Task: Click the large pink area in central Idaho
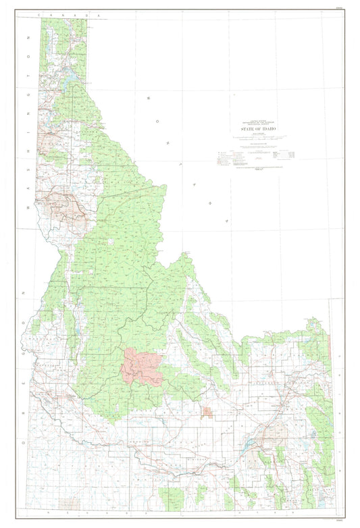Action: tap(140, 367)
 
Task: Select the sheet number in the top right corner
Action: tap(347, 8)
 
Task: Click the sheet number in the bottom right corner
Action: tap(347, 521)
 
